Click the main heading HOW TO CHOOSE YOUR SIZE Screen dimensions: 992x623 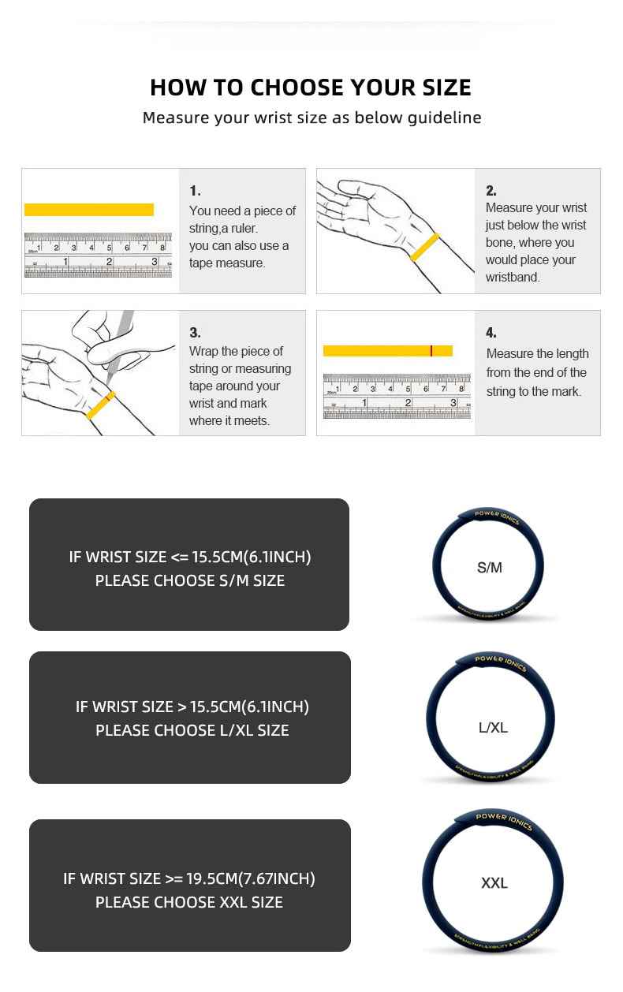point(311,87)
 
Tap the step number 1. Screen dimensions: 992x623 point(195,191)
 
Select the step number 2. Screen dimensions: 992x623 point(491,191)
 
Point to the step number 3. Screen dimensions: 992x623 point(195,333)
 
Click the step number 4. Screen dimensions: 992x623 point(491,333)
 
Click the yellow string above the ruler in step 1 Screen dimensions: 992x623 point(88,210)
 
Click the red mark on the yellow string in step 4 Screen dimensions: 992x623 point(431,351)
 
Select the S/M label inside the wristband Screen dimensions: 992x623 point(489,568)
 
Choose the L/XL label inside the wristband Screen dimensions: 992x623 point(493,728)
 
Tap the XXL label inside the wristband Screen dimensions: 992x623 point(494,883)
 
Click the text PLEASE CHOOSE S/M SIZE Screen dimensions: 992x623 point(189,580)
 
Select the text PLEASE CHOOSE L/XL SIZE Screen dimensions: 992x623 point(192,730)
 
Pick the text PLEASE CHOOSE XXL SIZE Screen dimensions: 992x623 point(189,902)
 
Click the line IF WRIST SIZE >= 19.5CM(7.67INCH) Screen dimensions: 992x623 point(189,878)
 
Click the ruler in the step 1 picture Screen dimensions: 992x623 point(98,255)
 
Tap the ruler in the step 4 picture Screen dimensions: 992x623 point(397,396)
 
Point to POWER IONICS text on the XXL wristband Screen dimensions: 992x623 point(503,820)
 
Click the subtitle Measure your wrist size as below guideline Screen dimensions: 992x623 point(311,118)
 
